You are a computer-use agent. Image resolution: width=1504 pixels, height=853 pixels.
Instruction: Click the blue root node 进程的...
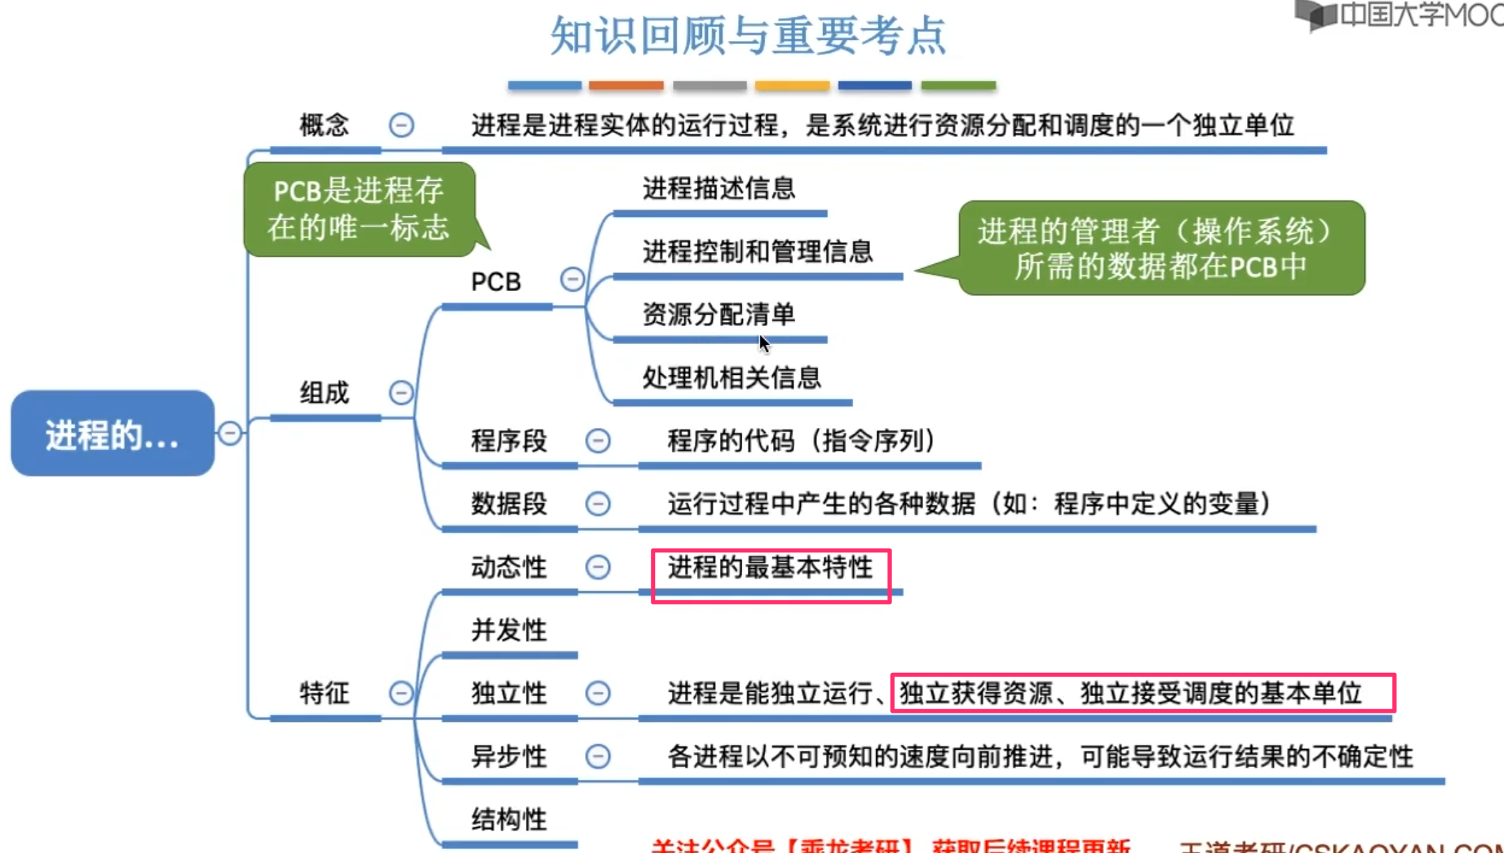pos(112,433)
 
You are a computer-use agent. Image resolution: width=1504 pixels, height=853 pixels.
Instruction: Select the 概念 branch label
pos(324,126)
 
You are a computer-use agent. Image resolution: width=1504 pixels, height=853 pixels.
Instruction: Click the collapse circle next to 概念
pos(401,126)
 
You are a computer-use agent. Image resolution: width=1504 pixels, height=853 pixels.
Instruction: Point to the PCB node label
pos(496,281)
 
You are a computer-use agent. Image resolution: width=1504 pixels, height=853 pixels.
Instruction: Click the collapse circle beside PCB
pos(572,279)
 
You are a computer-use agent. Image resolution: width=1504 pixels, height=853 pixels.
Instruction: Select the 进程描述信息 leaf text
pos(718,188)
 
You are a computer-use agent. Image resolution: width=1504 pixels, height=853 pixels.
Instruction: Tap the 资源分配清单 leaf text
pos(718,314)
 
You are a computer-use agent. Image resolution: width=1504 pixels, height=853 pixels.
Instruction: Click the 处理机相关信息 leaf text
pos(731,378)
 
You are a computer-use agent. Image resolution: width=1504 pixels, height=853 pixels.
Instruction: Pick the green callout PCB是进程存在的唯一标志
pos(359,209)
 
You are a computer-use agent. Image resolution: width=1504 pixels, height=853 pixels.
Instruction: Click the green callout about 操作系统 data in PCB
pos(1160,249)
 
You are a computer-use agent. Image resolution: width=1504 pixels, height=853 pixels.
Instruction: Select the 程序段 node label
pos(508,441)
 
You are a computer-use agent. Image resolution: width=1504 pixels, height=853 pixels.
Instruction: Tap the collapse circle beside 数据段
pos(598,503)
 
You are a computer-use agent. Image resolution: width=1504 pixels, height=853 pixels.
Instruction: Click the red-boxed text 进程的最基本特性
pos(770,568)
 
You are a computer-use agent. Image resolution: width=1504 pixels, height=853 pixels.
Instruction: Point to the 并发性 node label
pos(508,630)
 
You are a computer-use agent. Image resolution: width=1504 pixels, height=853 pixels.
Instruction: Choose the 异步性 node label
pos(508,756)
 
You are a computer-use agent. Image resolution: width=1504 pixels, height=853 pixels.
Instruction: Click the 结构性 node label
pos(508,819)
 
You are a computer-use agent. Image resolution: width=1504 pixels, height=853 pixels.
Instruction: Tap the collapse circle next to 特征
pos(401,693)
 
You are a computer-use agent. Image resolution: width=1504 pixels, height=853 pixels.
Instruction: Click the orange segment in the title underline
pos(626,85)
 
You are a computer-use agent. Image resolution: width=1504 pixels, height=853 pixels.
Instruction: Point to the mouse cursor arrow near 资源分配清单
pos(764,343)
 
